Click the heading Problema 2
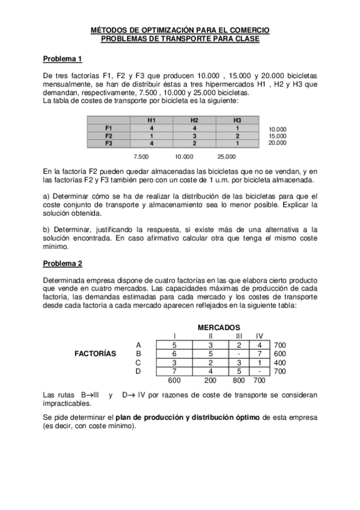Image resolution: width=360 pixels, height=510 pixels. [63, 263]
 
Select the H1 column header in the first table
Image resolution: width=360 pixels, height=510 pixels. [151, 120]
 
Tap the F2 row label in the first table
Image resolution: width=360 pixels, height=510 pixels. [108, 136]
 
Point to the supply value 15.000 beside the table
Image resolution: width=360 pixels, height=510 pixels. [278, 136]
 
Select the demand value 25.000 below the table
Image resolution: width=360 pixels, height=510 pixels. [227, 156]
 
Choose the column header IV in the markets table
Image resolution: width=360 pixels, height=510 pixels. [260, 336]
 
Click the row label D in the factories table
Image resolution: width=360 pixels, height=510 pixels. [139, 372]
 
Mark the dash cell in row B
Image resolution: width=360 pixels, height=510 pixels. [239, 354]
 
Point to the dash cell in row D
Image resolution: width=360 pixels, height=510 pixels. [260, 372]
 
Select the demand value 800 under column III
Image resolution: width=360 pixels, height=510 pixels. [239, 381]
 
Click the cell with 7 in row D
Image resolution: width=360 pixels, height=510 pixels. [174, 372]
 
